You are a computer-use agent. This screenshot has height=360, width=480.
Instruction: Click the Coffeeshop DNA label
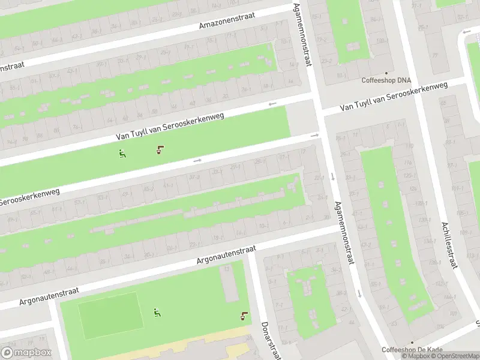(386, 80)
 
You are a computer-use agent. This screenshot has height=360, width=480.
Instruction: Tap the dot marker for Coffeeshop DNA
(387, 72)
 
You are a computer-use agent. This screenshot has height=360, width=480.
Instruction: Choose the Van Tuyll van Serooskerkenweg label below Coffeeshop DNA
(394, 97)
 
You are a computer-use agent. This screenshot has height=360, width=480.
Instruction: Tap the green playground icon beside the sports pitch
(157, 313)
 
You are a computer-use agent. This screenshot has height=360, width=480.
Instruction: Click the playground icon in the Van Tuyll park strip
(122, 154)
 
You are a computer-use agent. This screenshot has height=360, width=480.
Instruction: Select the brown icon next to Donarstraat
(244, 316)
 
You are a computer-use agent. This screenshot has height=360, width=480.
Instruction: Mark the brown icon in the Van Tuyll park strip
(160, 149)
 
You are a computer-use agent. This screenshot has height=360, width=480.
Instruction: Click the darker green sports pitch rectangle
(111, 315)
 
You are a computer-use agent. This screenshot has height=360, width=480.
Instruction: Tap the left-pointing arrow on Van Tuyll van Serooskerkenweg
(272, 104)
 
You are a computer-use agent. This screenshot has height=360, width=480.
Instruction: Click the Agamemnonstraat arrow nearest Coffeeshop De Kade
(359, 293)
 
